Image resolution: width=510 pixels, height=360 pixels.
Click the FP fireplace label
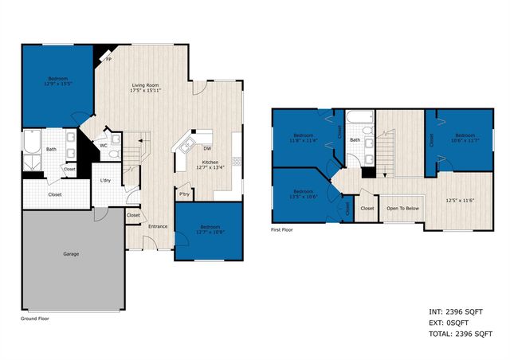[108, 59]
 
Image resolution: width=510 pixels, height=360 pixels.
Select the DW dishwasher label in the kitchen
[207, 148]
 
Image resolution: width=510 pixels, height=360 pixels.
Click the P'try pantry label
[184, 194]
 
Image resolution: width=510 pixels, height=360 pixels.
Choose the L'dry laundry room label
[105, 181]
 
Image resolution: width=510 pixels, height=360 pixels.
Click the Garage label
[72, 254]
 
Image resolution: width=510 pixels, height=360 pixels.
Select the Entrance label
[157, 226]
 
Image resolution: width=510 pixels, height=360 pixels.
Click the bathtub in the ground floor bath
[31, 143]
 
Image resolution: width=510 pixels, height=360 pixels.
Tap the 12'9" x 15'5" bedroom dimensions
[57, 84]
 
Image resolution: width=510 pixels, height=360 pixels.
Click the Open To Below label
[403, 209]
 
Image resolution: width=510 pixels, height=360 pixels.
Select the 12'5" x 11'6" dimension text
[459, 200]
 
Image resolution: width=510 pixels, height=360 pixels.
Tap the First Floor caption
[282, 229]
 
